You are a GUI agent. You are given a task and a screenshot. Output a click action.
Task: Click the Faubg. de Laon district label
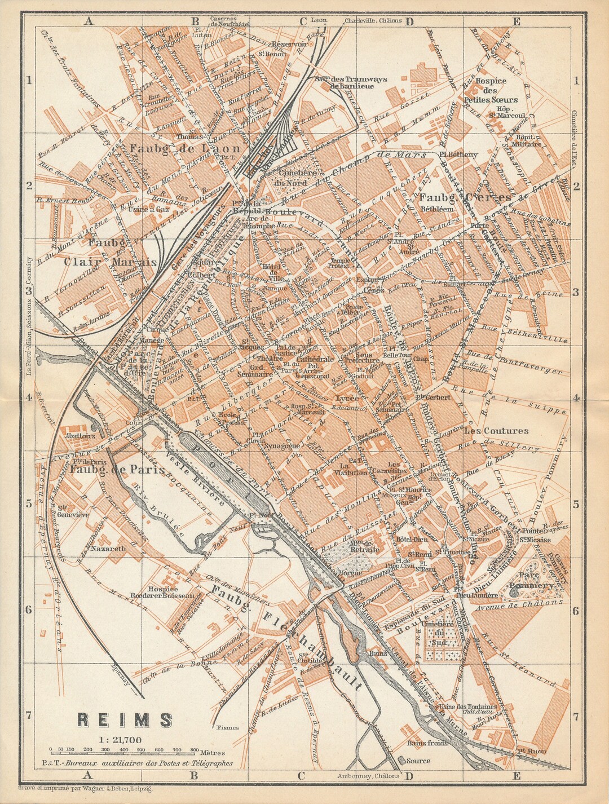point(184,148)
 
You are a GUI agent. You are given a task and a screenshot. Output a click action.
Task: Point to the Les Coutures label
point(496,431)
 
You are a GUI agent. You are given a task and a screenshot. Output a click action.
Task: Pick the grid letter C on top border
point(303,21)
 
